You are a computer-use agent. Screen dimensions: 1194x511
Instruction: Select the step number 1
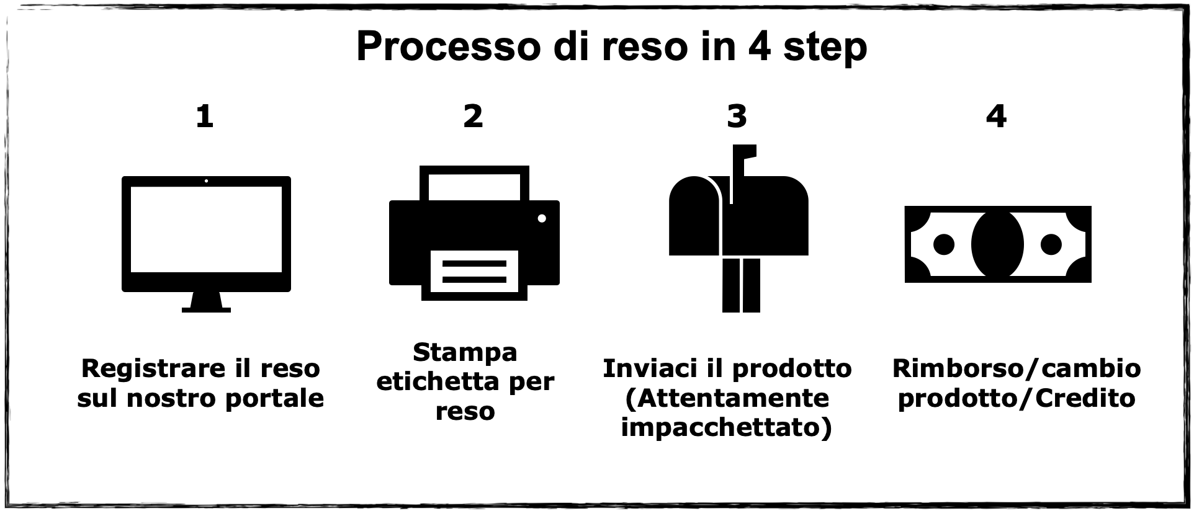[x=205, y=116]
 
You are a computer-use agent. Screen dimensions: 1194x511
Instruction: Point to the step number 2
[x=473, y=116]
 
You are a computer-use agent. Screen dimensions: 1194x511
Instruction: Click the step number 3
[x=737, y=116]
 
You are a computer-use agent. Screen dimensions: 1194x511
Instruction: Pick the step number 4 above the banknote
[x=996, y=116]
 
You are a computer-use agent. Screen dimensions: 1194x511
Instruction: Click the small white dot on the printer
[x=542, y=218]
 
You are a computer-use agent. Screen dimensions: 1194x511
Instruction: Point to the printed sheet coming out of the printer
[x=474, y=272]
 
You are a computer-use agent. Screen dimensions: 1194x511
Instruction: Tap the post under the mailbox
[x=741, y=285]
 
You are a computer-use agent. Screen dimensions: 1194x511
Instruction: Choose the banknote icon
[x=997, y=244]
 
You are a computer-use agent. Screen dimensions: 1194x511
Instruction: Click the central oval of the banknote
[x=997, y=244]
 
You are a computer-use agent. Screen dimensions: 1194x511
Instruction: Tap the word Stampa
[x=465, y=352]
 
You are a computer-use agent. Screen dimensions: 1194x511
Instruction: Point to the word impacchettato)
[x=726, y=428]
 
